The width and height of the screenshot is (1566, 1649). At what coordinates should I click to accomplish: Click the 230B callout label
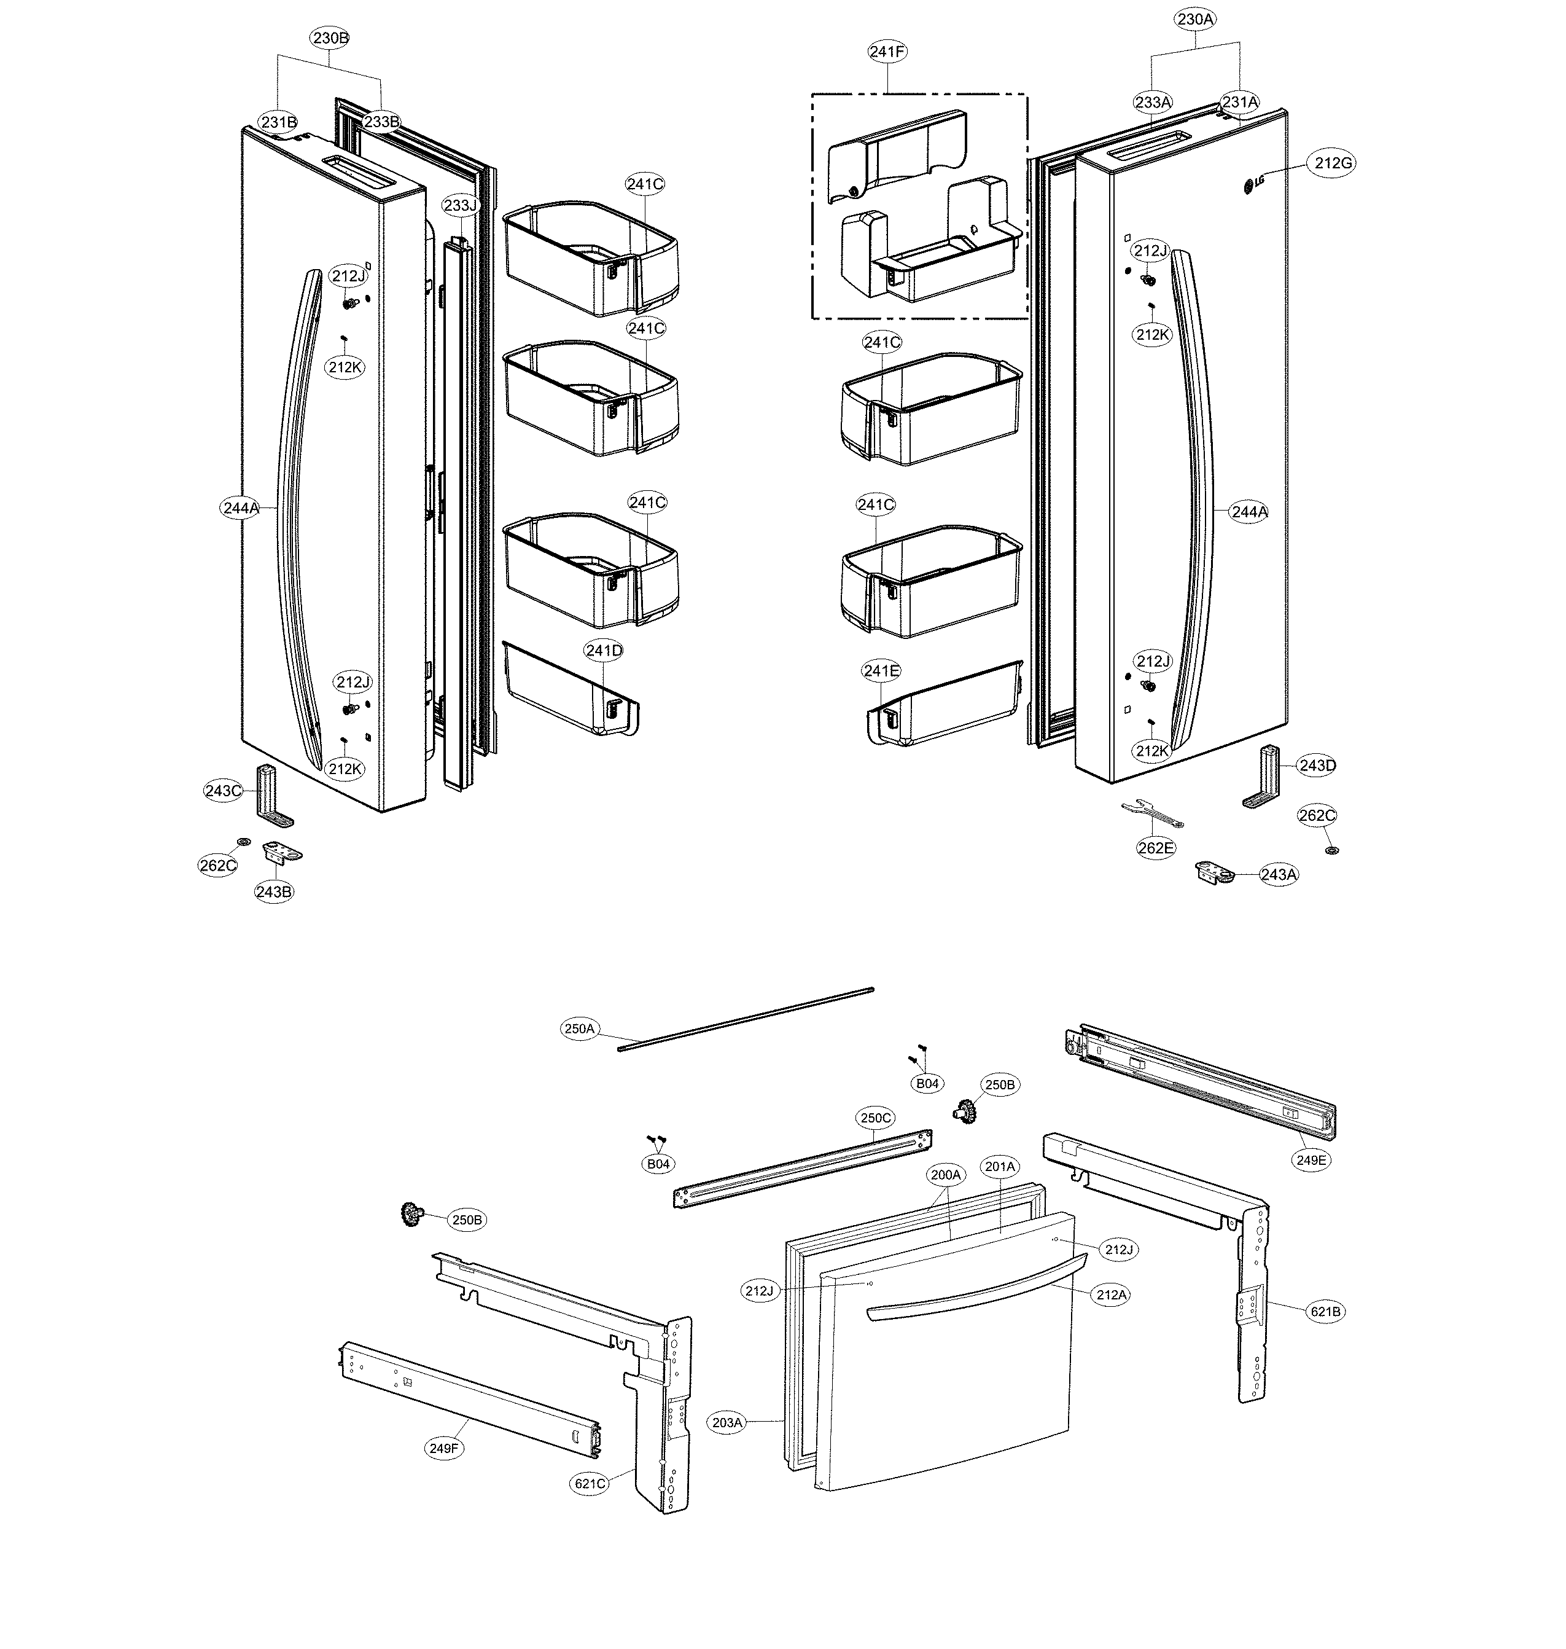click(330, 37)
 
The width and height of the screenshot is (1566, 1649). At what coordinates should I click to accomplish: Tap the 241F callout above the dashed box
click(887, 52)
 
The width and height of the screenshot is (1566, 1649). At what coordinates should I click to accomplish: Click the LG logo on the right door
click(1254, 184)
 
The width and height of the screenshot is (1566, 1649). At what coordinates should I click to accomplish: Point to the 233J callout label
click(460, 205)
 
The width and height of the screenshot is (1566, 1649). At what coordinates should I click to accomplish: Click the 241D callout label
click(604, 651)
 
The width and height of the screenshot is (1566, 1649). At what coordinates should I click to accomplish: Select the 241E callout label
click(881, 670)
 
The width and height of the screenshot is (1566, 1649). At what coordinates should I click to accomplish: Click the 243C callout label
click(223, 791)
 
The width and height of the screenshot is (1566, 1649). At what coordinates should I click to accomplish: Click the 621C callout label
click(590, 1484)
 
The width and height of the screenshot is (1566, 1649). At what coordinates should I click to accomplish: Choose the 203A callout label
click(727, 1422)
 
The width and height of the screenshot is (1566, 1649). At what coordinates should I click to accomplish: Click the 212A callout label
click(1111, 1295)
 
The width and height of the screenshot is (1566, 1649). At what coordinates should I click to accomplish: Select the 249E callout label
click(1311, 1160)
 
